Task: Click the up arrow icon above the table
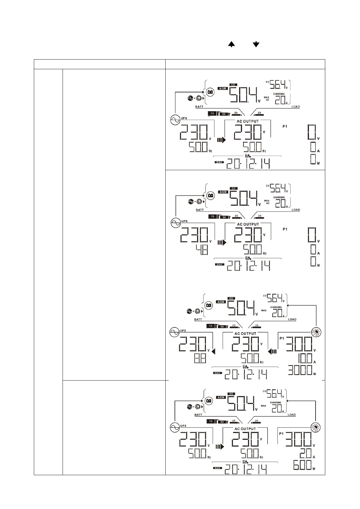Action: click(231, 44)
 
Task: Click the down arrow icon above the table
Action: click(256, 44)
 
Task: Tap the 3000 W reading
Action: click(300, 370)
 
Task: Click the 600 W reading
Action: click(302, 465)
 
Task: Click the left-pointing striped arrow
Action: click(272, 352)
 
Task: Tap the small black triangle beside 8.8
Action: click(213, 352)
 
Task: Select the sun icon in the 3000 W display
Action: click(316, 332)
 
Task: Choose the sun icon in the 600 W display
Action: click(316, 428)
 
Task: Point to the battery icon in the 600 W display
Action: click(208, 401)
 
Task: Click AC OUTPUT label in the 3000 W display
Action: click(245, 334)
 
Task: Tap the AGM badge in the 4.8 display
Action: click(223, 192)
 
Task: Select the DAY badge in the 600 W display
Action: click(217, 468)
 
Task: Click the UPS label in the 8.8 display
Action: click(183, 331)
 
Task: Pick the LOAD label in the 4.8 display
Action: click(296, 210)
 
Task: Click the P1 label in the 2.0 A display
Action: click(281, 434)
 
